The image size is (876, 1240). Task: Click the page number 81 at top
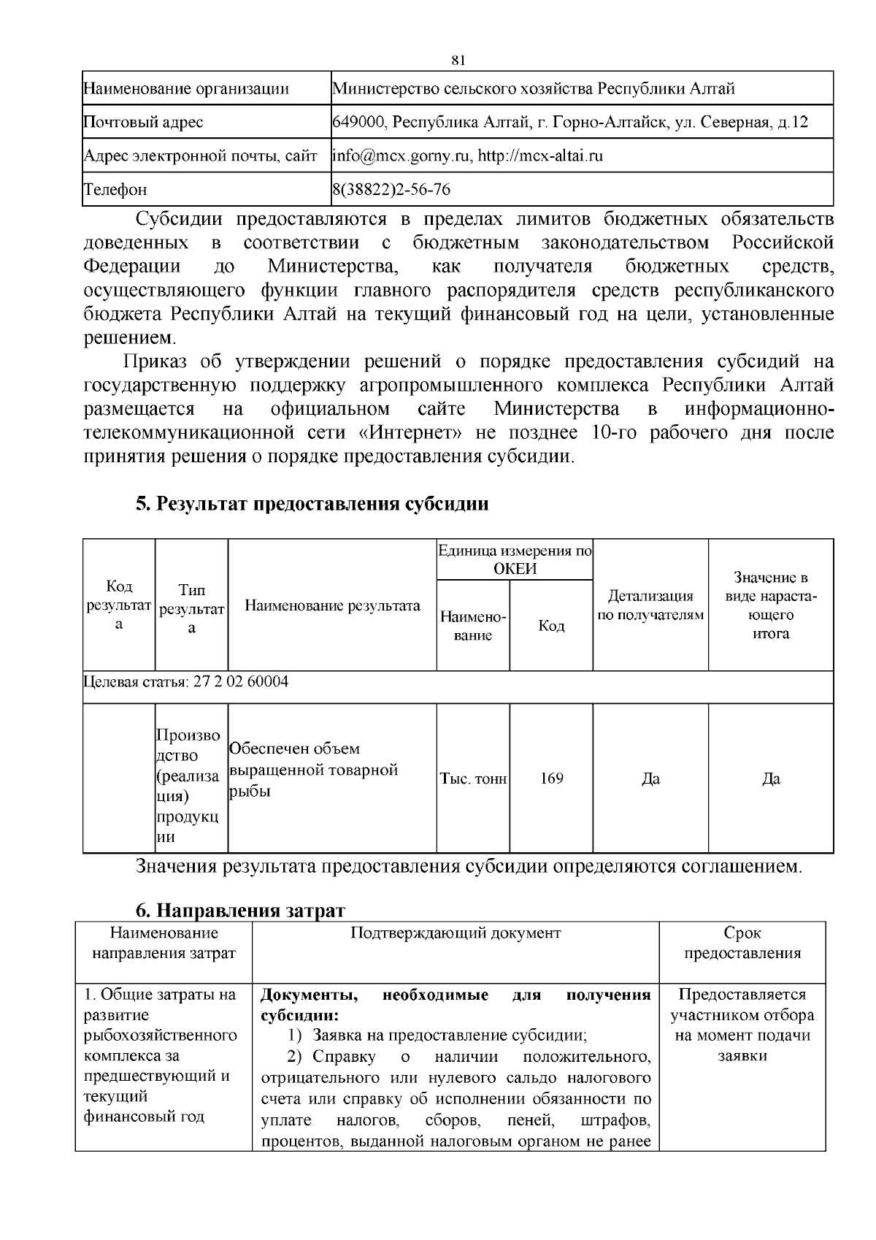point(458,59)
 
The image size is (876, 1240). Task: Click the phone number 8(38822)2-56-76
point(391,190)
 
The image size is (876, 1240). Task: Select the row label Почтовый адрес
point(143,122)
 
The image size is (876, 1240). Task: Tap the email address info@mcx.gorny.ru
point(402,156)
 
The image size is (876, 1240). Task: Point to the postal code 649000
point(359,122)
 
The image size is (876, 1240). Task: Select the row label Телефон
point(115,190)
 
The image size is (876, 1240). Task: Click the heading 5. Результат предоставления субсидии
point(312,504)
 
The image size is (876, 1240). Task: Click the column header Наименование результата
point(332,605)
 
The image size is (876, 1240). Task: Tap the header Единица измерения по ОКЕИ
point(515,559)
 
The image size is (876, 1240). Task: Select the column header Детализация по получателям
point(650,605)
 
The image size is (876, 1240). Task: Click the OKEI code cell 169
point(551,778)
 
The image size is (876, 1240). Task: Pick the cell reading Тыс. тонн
point(473,779)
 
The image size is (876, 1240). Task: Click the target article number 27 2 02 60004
point(241,682)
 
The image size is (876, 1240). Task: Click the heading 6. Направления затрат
point(240,911)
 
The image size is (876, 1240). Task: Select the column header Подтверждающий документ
point(456,933)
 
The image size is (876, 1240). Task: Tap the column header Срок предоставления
point(742,943)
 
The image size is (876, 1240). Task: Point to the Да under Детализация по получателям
point(650,779)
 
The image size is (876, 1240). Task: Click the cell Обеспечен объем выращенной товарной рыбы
point(313,770)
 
